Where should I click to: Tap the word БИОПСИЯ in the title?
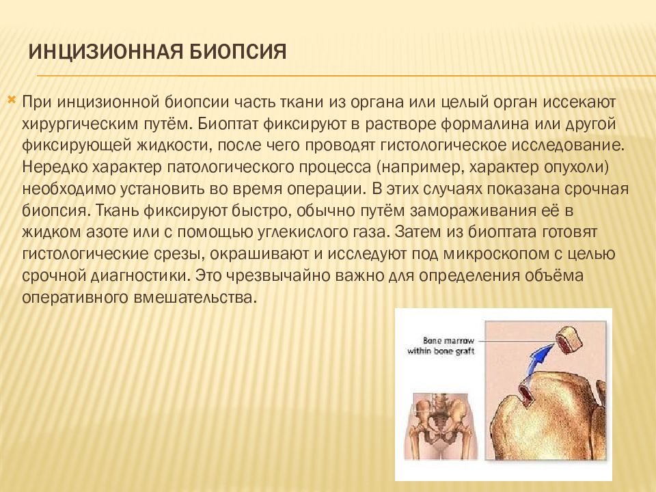click(233, 53)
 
